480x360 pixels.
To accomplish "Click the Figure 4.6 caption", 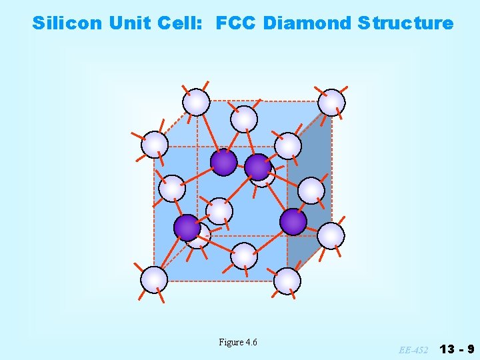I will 238,342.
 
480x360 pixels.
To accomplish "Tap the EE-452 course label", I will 414,349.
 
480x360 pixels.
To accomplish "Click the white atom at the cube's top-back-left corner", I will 196,102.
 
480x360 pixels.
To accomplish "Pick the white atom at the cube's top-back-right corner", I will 331,102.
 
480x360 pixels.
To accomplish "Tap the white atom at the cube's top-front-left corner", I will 155,144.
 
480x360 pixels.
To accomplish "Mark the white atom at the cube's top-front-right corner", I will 288,145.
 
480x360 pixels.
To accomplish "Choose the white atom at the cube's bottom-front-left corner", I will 154,279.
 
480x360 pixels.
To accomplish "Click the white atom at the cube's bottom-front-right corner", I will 287,281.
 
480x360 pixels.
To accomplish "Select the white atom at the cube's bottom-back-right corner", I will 331,235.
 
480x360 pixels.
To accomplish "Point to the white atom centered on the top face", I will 243,119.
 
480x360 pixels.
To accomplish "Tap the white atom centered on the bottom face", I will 244,255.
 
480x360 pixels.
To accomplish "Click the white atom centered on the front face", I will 219,211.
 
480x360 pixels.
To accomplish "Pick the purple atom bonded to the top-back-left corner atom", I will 223,162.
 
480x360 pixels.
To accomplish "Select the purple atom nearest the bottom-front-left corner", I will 187,227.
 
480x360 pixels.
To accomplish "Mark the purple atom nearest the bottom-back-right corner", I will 293,222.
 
